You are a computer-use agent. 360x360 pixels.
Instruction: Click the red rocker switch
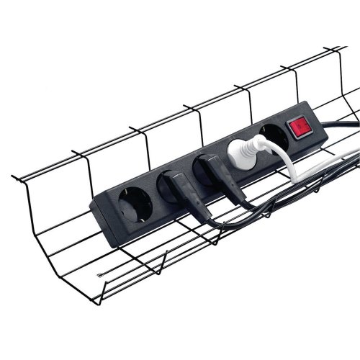pyautogui.click(x=297, y=128)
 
